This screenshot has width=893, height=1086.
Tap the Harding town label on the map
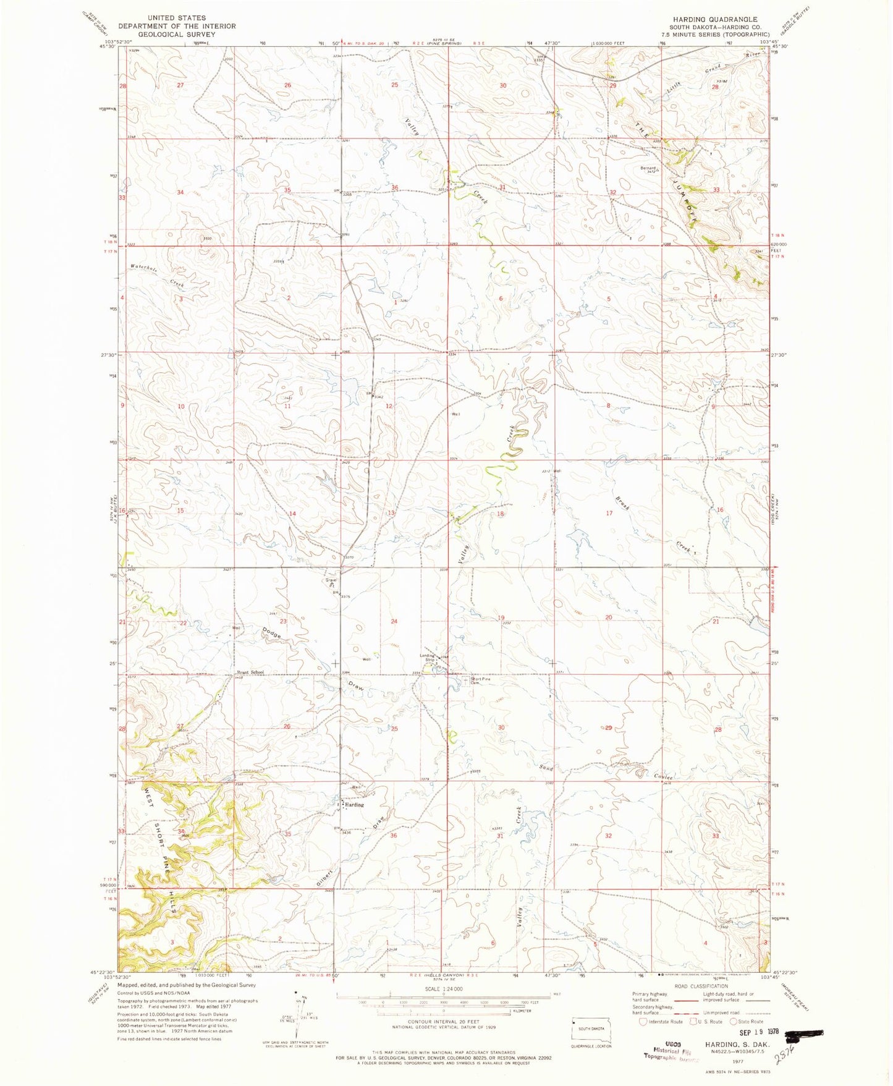point(354,805)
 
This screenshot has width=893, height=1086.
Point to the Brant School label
point(250,672)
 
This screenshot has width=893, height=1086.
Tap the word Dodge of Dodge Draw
point(272,634)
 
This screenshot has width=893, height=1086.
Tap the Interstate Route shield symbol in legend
point(645,1021)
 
